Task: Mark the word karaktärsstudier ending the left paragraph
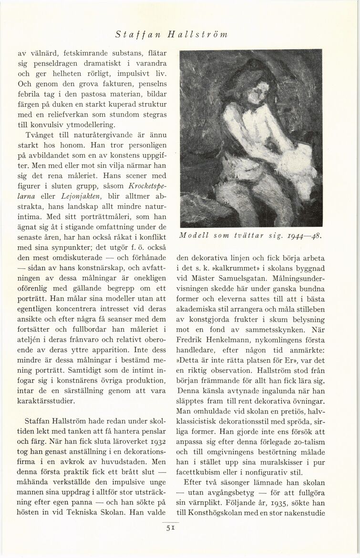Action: [x=48, y=401]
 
